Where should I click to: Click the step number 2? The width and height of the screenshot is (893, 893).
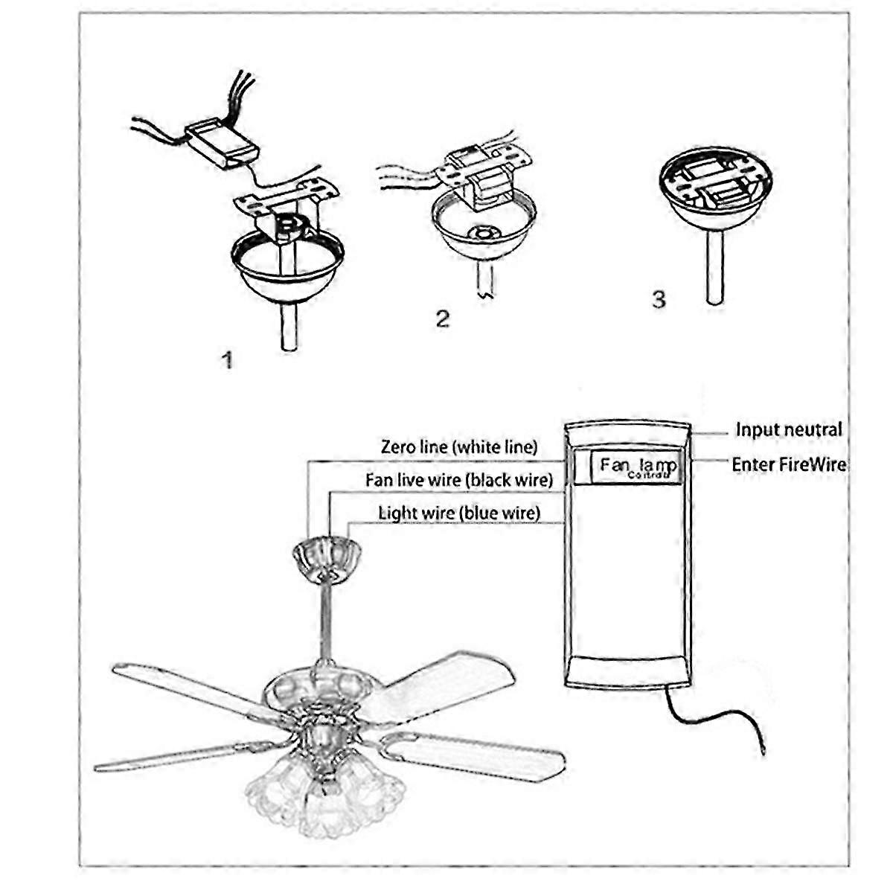(443, 319)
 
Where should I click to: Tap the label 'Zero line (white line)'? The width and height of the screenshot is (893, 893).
(458, 447)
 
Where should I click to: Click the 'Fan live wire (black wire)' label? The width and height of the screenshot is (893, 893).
(458, 480)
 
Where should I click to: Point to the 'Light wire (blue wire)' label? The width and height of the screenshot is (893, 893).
(458, 513)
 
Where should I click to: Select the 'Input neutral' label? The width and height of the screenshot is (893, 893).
(789, 429)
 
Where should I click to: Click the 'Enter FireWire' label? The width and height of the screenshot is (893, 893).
(789, 464)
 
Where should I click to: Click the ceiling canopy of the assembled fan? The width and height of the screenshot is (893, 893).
(327, 554)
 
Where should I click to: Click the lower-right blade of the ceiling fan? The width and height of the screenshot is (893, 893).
(476, 752)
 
